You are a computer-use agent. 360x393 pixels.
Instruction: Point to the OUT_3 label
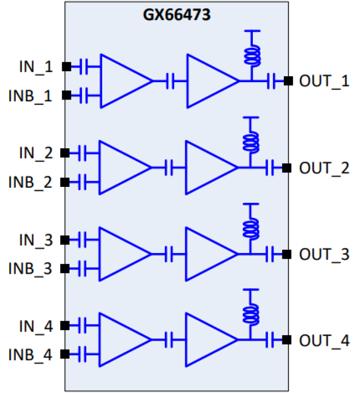point(324,254)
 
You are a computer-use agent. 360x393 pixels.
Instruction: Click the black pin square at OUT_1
point(288,81)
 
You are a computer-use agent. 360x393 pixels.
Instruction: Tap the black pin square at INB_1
point(67,96)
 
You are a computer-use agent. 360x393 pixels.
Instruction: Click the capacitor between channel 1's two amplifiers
point(170,81)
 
